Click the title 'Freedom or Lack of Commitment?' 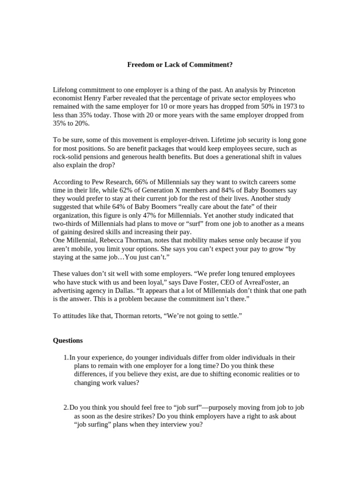(x=180, y=65)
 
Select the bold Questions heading (x=68, y=340)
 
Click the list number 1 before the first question (x=66, y=357)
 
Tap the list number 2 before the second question (x=66, y=408)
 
